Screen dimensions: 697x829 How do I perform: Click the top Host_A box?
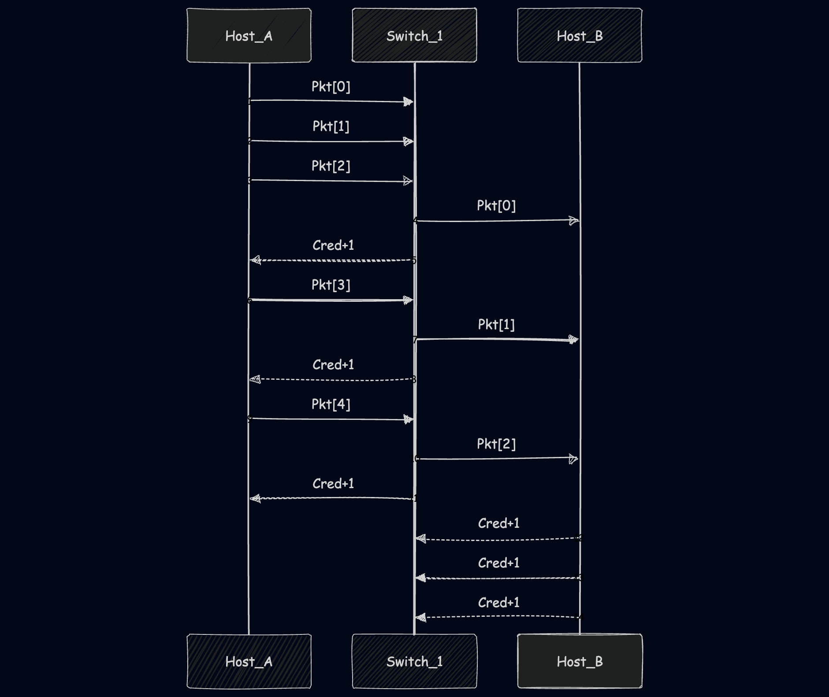249,35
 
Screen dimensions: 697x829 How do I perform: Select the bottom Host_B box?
580,661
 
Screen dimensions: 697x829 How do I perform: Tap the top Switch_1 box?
414,35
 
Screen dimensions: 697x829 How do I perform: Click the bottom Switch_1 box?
414,661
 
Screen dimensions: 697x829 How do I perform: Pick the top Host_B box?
580,35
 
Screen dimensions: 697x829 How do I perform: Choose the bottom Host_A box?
249,661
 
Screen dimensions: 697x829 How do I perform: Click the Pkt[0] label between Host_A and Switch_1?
331,86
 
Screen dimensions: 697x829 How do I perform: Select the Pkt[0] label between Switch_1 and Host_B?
496,205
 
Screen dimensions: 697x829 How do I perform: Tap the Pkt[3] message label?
331,285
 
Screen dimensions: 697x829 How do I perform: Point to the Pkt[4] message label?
331,404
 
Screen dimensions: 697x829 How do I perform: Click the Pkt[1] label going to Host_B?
496,325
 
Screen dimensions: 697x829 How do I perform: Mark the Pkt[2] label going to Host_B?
496,444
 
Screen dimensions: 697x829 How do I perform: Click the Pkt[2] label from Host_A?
331,166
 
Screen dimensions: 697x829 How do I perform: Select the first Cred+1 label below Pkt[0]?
333,245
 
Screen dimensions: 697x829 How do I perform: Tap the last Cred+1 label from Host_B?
499,602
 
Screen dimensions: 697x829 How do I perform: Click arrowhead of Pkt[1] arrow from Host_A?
409,141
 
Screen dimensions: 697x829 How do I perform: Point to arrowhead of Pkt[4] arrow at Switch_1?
409,419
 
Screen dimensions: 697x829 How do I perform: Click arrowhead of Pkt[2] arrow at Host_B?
573,459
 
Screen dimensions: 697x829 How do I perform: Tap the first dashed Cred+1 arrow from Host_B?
498,539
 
